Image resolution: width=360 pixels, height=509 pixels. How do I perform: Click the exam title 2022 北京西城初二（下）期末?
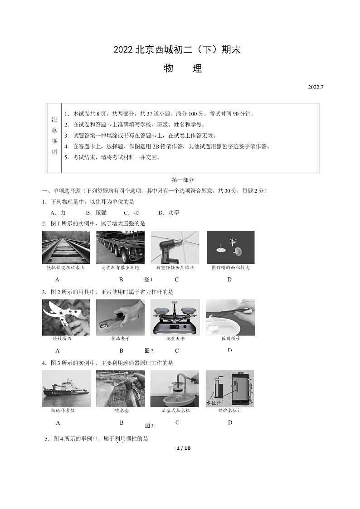pyautogui.click(x=177, y=50)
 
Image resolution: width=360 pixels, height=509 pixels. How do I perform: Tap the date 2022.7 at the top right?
pyautogui.click(x=316, y=87)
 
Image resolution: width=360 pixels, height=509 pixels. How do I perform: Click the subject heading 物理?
pyautogui.click(x=183, y=69)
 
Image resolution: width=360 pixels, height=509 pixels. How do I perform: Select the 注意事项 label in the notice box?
pyautogui.click(x=54, y=135)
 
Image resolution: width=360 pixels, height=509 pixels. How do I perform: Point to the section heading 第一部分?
pyautogui.click(x=183, y=180)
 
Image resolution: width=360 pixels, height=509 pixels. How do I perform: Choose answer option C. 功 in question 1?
pyautogui.click(x=131, y=213)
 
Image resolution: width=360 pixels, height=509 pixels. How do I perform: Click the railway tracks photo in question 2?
pyautogui.click(x=66, y=247)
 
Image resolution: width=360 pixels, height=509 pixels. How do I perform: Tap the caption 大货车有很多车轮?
pyautogui.click(x=120, y=267)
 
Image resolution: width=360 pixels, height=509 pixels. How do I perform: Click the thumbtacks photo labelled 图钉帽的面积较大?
pyautogui.click(x=230, y=247)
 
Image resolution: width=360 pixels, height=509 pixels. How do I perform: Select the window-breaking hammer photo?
pyautogui.click(x=175, y=247)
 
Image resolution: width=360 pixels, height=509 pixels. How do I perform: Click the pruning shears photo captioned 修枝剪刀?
pyautogui.click(x=66, y=317)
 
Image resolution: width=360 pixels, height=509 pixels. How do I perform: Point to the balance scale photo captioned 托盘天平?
pyautogui.click(x=175, y=317)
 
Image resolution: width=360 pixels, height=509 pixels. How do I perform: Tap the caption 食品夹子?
pyautogui.click(x=121, y=339)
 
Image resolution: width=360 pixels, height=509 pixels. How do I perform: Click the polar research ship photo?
pyautogui.click(x=66, y=388)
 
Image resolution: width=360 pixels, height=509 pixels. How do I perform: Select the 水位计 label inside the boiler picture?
pyautogui.click(x=214, y=402)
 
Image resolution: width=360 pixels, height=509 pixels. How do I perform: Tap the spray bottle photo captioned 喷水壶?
pyautogui.click(x=121, y=388)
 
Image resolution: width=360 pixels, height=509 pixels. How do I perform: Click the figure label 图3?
pyautogui.click(x=149, y=426)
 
